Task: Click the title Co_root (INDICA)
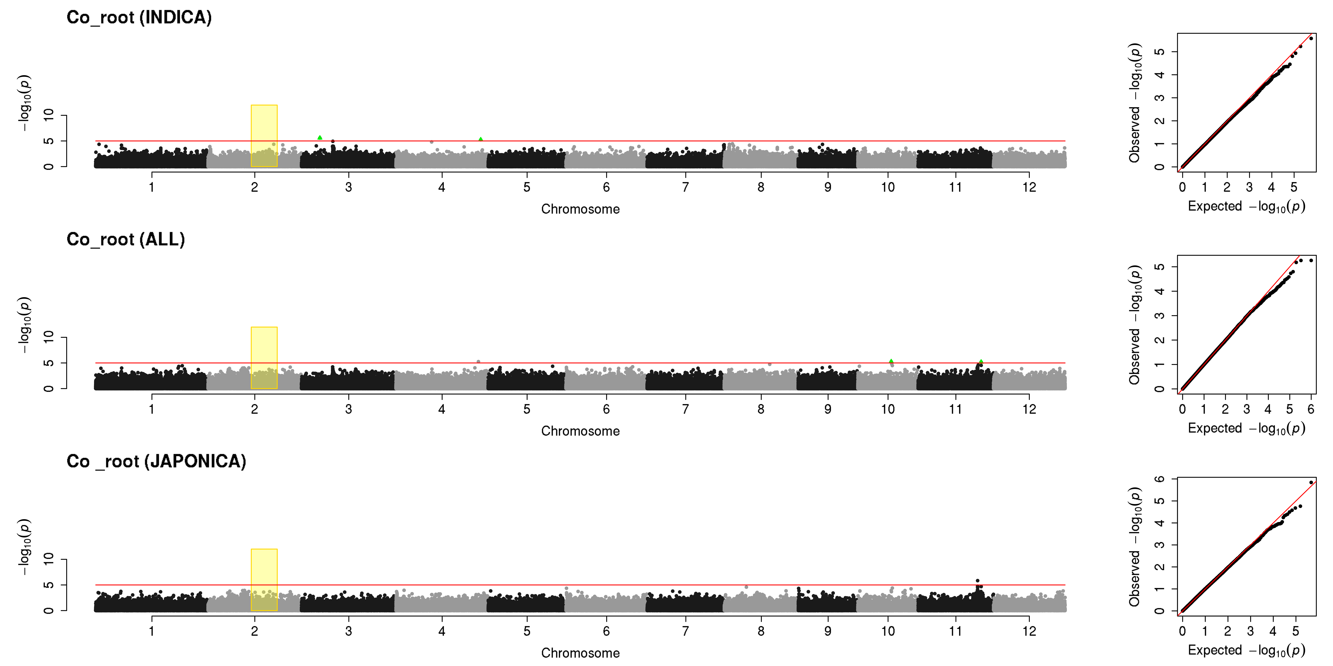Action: pyautogui.click(x=139, y=18)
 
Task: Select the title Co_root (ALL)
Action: pyautogui.click(x=126, y=239)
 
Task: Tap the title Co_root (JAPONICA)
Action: pyautogui.click(x=156, y=461)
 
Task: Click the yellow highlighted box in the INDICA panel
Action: pyautogui.click(x=264, y=136)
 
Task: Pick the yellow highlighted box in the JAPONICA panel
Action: pyautogui.click(x=264, y=580)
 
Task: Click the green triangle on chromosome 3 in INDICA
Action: pyautogui.click(x=320, y=138)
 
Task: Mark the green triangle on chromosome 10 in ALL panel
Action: pyautogui.click(x=891, y=361)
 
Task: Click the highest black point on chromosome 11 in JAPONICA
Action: pyautogui.click(x=978, y=581)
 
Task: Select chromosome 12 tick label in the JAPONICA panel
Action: pyautogui.click(x=1029, y=631)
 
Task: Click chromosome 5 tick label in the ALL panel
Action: pyautogui.click(x=527, y=409)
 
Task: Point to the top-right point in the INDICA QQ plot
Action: pyautogui.click(x=1311, y=38)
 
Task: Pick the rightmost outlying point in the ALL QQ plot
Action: pyautogui.click(x=1311, y=260)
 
